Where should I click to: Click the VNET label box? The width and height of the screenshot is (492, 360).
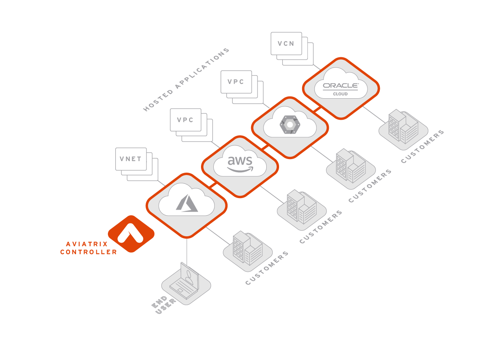[131, 159]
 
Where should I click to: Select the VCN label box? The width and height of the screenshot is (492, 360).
[286, 43]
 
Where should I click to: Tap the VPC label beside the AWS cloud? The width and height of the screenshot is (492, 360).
[185, 120]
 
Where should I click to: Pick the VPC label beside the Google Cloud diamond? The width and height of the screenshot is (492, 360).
[236, 82]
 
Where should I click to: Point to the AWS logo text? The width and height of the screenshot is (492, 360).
[240, 162]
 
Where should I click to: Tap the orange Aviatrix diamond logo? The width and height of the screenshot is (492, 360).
[131, 234]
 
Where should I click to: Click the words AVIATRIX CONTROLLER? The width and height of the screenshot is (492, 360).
[89, 248]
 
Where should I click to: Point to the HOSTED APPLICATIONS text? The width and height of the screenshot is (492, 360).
[186, 80]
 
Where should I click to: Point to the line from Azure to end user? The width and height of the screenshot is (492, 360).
[187, 251]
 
